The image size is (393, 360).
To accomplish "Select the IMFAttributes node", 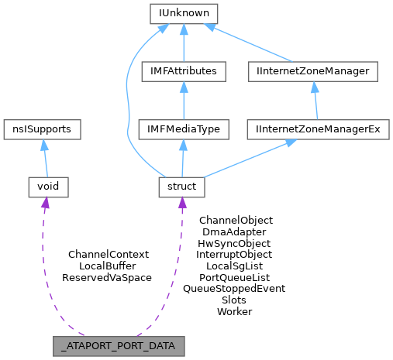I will coord(183,71).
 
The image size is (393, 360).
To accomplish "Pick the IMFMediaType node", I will coord(183,129).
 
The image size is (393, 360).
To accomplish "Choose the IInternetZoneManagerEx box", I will coord(317,129).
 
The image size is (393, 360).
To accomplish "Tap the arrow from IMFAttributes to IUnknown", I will coord(184,43).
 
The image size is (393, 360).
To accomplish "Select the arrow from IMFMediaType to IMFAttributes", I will coord(183,100).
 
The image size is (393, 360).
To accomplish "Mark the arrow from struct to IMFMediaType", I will coord(182,158).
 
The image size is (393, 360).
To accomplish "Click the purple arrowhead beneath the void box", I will coord(45,203).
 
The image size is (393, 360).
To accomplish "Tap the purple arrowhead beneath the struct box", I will coord(182,203).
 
